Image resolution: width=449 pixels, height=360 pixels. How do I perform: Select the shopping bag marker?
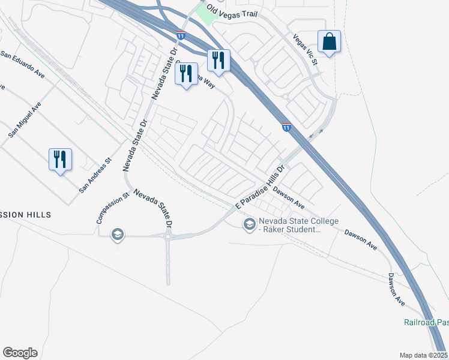pyautogui.click(x=329, y=42)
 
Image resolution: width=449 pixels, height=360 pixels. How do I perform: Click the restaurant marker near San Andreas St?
pyautogui.click(x=60, y=160)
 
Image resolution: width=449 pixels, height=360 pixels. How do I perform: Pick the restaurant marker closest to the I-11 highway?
pyautogui.click(x=218, y=60)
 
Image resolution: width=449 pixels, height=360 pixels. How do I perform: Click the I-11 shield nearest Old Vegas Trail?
pyautogui.click(x=181, y=36)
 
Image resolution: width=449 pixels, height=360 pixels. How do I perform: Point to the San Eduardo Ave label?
pyautogui.click(x=23, y=64)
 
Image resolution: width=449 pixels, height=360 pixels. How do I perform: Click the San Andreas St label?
pyautogui.click(x=96, y=175)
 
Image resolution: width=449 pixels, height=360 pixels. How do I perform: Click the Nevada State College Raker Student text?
pyautogui.click(x=290, y=225)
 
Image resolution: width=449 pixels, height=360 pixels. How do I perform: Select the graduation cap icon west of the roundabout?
pyautogui.click(x=118, y=235)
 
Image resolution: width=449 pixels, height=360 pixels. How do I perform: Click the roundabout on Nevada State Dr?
pyautogui.click(x=168, y=236)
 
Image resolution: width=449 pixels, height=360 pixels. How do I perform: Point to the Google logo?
pyautogui.click(x=20, y=353)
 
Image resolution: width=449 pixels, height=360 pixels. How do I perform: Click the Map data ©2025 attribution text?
pyautogui.click(x=423, y=355)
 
